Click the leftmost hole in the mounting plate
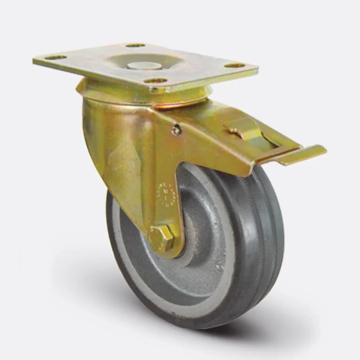click(x=56, y=57)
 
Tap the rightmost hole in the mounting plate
click(x=234, y=65)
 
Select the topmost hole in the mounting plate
click(x=135, y=45)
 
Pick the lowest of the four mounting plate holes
click(x=157, y=81)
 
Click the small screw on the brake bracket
click(x=175, y=130)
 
